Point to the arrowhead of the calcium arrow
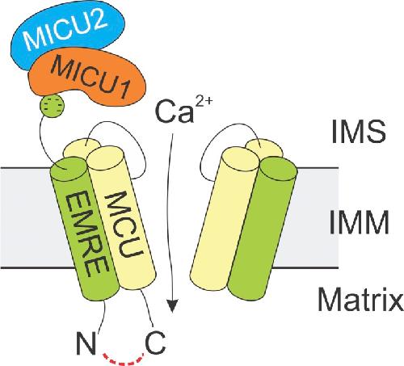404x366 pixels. tap(172, 306)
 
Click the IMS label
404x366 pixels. tap(358, 132)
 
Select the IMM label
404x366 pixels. tap(359, 222)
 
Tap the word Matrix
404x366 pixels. tap(360, 298)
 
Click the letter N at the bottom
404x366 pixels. tap(86, 343)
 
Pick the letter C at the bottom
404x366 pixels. tap(155, 343)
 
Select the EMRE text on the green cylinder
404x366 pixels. tap(86, 233)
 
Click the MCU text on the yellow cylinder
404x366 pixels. tap(123, 225)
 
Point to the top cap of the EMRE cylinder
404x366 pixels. tap(69, 167)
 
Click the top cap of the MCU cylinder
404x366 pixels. tap(106, 157)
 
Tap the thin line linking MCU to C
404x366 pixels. tap(147, 309)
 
